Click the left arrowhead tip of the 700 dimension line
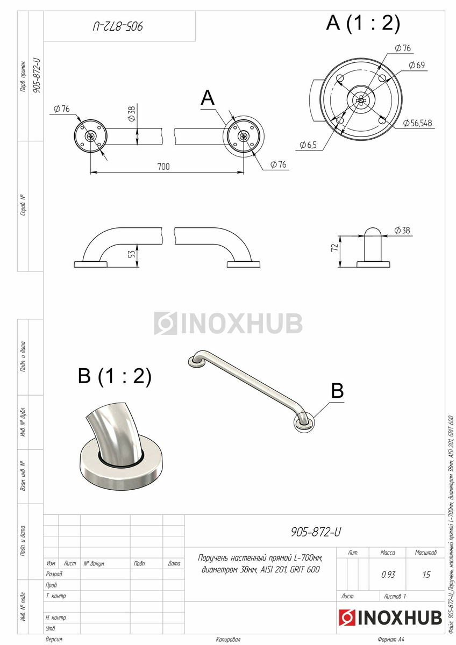pos(91,173)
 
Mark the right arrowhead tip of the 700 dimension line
pos(244,173)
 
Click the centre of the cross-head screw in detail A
pos(361,100)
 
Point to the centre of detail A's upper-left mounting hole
pos(340,78)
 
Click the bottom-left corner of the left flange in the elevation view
pos(74,267)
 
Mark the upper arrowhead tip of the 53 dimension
pos(137,244)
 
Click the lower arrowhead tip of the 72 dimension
pos(340,267)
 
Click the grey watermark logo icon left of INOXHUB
pos(165,323)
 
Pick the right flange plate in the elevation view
pos(244,264)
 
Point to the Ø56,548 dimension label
pos(417,123)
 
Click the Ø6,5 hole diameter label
pos(308,145)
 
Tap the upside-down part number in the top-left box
pos(118,26)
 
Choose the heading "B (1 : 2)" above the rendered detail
pos(115,376)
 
